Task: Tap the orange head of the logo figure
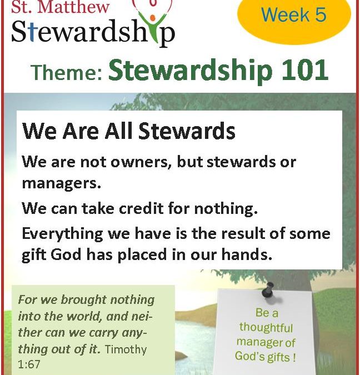(x=152, y=18)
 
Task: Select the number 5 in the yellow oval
(x=321, y=14)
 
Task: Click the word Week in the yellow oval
(x=285, y=14)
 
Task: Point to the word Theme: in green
(x=67, y=72)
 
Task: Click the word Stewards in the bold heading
(x=187, y=131)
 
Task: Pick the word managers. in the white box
(x=62, y=184)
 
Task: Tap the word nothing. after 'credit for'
(x=226, y=208)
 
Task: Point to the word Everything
(x=62, y=234)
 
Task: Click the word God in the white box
(x=66, y=254)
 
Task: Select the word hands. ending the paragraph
(x=247, y=254)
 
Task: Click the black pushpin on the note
(x=269, y=290)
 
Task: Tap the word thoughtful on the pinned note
(x=266, y=327)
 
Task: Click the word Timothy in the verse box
(x=126, y=349)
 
